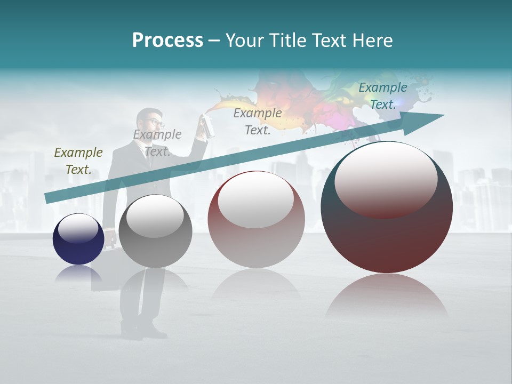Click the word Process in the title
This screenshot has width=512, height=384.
coord(167,41)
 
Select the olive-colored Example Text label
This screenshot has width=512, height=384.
coord(78,161)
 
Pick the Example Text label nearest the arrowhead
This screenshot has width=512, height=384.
coord(383,96)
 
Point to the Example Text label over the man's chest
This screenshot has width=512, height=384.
coord(157,142)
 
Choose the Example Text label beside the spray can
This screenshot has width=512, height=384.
coord(258,121)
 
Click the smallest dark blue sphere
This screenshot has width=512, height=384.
coord(78,239)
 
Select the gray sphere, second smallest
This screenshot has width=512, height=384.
coord(155,231)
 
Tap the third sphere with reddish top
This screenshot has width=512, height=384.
coord(256,219)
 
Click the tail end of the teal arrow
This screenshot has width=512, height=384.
coord(46,198)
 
